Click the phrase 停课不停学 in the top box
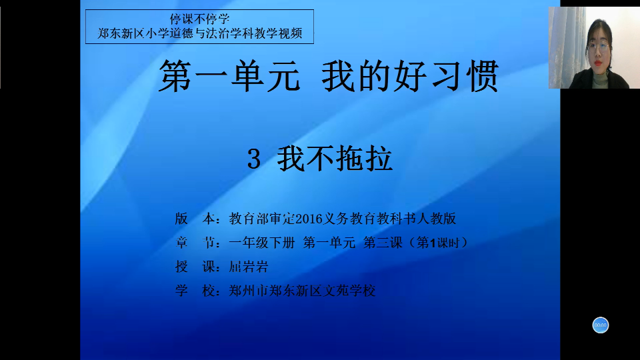click(199, 19)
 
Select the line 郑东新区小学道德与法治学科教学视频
click(199, 33)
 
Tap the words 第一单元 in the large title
click(229, 76)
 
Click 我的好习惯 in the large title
click(410, 76)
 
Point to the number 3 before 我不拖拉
click(254, 159)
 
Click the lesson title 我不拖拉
click(335, 159)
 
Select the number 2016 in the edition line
click(309, 219)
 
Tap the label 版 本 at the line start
click(195, 219)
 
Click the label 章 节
click(195, 243)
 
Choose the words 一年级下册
click(261, 243)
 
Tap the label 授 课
click(195, 267)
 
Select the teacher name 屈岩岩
click(248, 267)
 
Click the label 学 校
click(195, 291)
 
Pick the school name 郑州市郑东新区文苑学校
click(302, 291)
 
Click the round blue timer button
click(601, 325)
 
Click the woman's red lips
click(598, 63)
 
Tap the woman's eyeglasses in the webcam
click(598, 47)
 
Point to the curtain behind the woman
click(566, 47)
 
